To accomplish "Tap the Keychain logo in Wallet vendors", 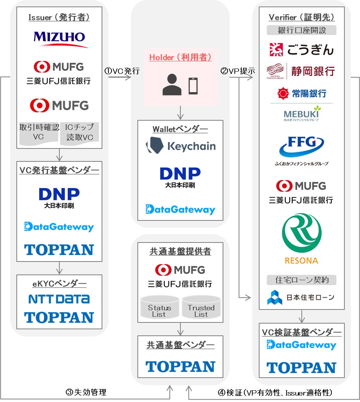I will tap(180, 146).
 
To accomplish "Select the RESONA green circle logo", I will tap(301, 233).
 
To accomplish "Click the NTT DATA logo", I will tap(59, 299).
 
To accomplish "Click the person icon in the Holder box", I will tap(172, 85).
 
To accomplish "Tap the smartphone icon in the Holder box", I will tap(193, 86).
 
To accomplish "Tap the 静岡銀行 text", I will tap(313, 71).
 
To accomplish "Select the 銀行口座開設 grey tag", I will tap(301, 30).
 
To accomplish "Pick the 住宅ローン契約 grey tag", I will tap(301, 280).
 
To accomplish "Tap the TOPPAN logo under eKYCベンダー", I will tap(59, 317).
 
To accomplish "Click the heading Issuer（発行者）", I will tap(59, 18).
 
